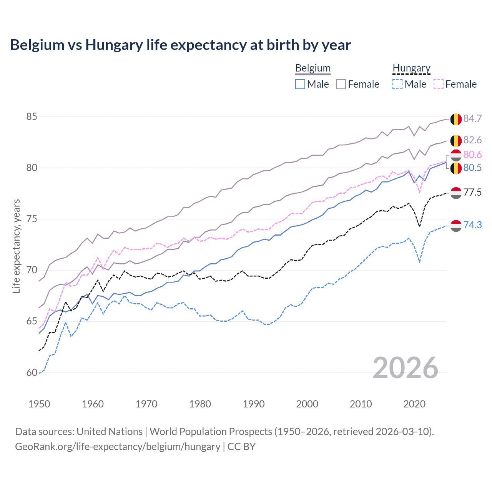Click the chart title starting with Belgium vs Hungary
click(x=180, y=45)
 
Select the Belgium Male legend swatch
click(x=300, y=84)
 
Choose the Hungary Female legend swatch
click(x=439, y=84)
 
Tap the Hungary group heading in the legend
click(x=411, y=68)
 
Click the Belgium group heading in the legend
click(x=313, y=68)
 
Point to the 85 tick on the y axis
click(x=32, y=116)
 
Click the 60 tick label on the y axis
click(x=32, y=372)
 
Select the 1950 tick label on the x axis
click(x=39, y=404)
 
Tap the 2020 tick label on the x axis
click(x=414, y=404)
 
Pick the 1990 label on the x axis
click(x=254, y=404)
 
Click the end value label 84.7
click(x=472, y=118)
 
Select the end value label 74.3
click(x=472, y=225)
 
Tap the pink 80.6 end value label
click(x=472, y=155)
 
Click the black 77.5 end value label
click(x=472, y=192)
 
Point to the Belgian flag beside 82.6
click(x=456, y=141)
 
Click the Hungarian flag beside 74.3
click(x=456, y=226)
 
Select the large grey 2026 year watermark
click(x=406, y=368)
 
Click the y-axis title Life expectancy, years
click(x=17, y=246)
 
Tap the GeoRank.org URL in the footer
click(x=118, y=447)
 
